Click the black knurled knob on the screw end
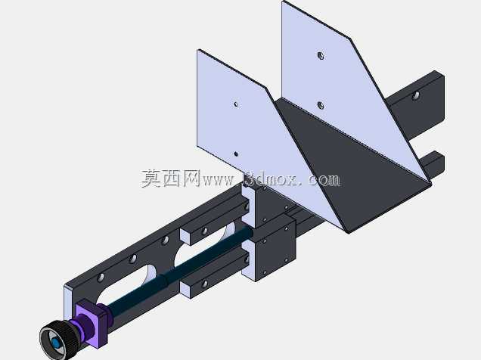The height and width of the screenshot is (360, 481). pyautogui.click(x=58, y=340)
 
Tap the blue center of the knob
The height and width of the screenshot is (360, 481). pyautogui.click(x=56, y=343)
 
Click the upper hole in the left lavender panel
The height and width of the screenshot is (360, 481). pyautogui.click(x=236, y=104)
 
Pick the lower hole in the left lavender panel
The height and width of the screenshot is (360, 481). pyautogui.click(x=236, y=154)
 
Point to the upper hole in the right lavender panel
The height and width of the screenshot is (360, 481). pyautogui.click(x=321, y=56)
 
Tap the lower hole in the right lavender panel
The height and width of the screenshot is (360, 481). pyautogui.click(x=320, y=106)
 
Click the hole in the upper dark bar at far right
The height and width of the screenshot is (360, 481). pyautogui.click(x=415, y=96)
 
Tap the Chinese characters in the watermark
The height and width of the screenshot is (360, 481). pyautogui.click(x=171, y=178)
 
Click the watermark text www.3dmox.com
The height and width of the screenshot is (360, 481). pyautogui.click(x=272, y=180)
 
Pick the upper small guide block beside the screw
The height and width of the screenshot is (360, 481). pyautogui.click(x=215, y=222)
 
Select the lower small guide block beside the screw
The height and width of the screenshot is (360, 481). pyautogui.click(x=215, y=274)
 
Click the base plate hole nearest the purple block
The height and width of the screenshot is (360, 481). pyautogui.click(x=101, y=278)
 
